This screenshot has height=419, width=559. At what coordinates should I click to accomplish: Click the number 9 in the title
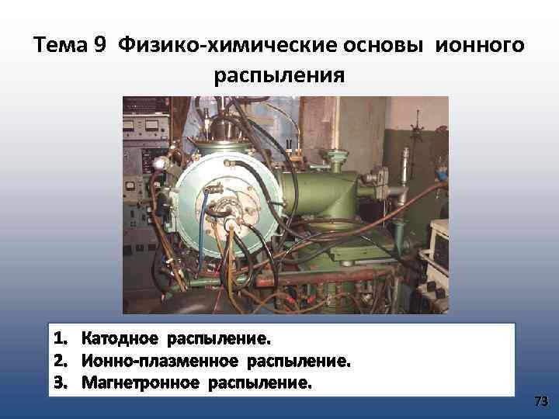point(99,44)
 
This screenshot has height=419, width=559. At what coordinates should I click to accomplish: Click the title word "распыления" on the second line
point(279,76)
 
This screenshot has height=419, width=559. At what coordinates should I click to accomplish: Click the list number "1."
point(61,339)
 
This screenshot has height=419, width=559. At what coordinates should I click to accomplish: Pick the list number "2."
point(61,361)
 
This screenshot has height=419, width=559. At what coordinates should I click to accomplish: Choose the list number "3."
point(61,383)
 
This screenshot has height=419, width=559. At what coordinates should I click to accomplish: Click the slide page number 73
point(541,401)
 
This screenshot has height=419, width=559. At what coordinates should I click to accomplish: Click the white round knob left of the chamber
point(160,163)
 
